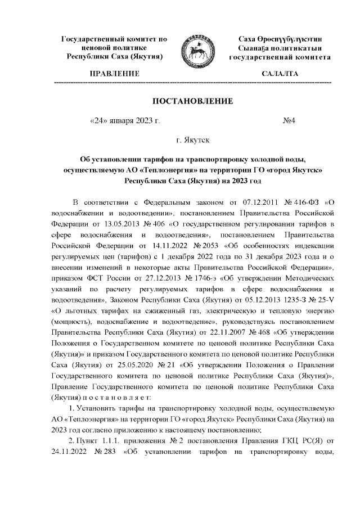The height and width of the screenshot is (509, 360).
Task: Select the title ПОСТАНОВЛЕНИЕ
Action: [x=192, y=101]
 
